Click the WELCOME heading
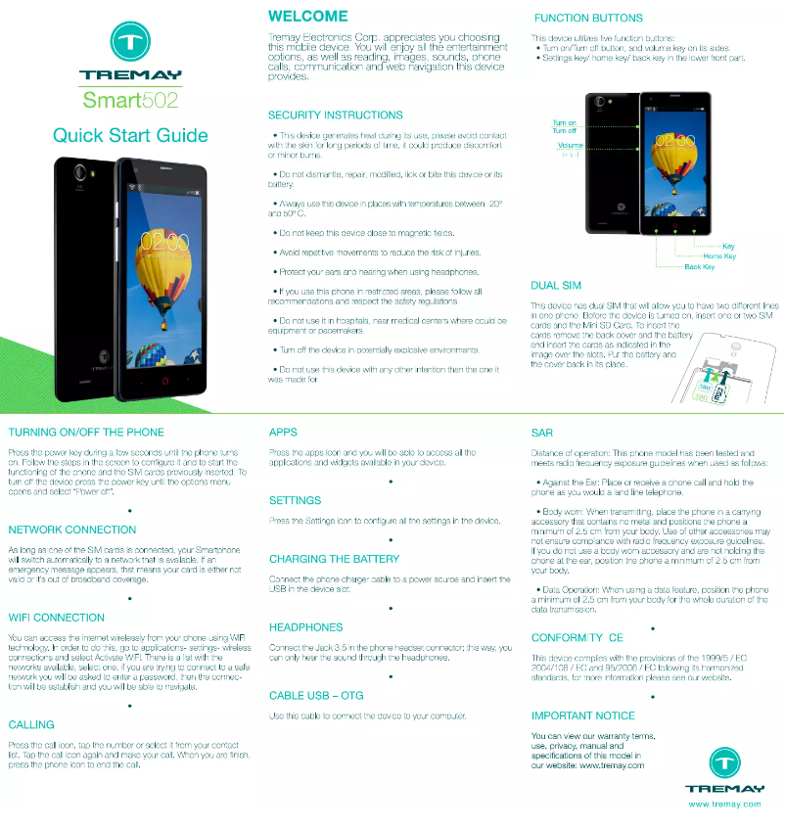pyautogui.click(x=307, y=17)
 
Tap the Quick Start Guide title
pyautogui.click(x=130, y=135)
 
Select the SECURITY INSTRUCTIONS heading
pyautogui.click(x=335, y=115)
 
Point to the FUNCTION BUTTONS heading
pyautogui.click(x=588, y=18)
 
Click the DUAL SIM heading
pyautogui.click(x=555, y=286)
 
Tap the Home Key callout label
pyautogui.click(x=719, y=255)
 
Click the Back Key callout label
pyautogui.click(x=699, y=266)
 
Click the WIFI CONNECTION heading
pyautogui.click(x=56, y=618)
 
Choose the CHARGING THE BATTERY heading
pyautogui.click(x=334, y=559)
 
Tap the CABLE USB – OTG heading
pyautogui.click(x=315, y=696)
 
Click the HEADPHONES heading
pyautogui.click(x=305, y=627)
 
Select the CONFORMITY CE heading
pyautogui.click(x=577, y=637)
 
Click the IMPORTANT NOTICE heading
pyautogui.click(x=582, y=715)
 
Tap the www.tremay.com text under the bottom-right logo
pyautogui.click(x=724, y=804)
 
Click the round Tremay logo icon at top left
pyautogui.click(x=130, y=43)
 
